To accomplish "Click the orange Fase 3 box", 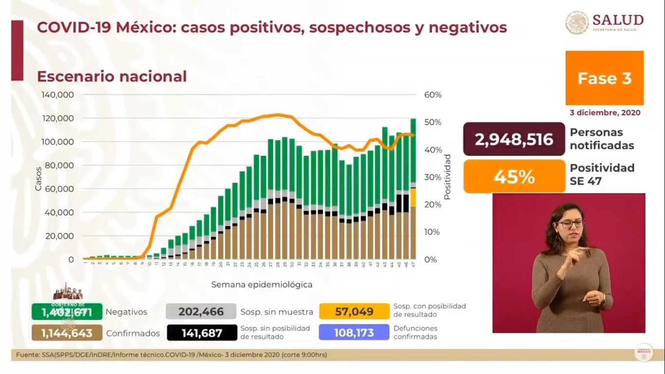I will click(x=604, y=78).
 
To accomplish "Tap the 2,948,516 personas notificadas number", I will click(x=514, y=140).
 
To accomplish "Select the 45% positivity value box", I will click(x=514, y=176).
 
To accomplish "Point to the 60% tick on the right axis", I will click(x=433, y=95).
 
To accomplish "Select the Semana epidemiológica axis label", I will click(x=262, y=284).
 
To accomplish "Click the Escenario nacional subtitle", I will click(x=111, y=76).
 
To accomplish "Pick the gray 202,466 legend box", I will click(x=201, y=312).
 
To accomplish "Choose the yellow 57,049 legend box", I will click(x=354, y=312).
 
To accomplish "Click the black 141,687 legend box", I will click(x=201, y=333).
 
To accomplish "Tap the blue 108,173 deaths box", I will click(x=354, y=333).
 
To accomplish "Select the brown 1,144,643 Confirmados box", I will click(x=67, y=333).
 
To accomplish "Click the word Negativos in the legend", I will click(x=126, y=312).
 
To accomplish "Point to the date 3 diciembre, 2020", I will click(x=605, y=112).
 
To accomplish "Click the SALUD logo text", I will click(x=618, y=20).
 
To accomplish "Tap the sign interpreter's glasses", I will click(x=571, y=224).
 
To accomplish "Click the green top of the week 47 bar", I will click(x=413, y=146).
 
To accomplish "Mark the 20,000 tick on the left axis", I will click(x=59, y=236).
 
